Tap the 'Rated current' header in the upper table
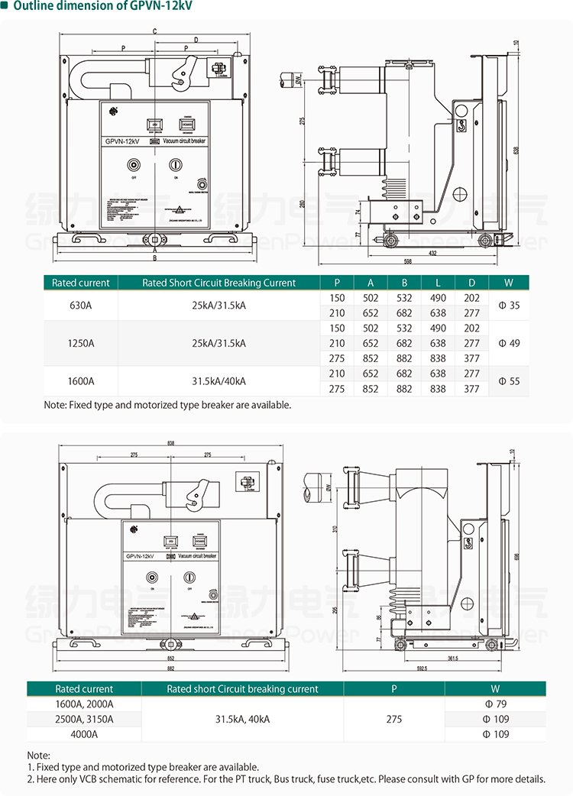tap(80, 283)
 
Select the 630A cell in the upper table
tap(80, 306)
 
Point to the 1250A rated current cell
tap(80, 343)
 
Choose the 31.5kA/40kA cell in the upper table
tap(219, 380)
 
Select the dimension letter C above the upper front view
tap(154, 31)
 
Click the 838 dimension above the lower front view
tap(170, 444)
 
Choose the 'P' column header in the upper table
tap(337, 283)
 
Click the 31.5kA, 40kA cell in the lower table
tap(242, 719)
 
